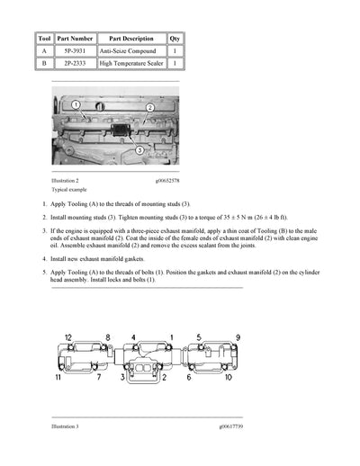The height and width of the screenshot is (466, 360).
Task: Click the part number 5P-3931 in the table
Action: coord(75,52)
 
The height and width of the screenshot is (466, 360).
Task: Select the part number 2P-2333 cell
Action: coord(75,65)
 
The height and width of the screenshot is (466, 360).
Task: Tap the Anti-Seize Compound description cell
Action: coord(131,52)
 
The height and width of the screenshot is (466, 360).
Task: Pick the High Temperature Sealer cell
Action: coord(131,65)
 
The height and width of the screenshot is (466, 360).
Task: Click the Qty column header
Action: coord(175,39)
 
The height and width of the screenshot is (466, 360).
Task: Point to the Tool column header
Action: coord(44,39)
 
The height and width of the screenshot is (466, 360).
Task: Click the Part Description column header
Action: coord(131,39)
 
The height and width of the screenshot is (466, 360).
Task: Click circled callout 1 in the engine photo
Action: coord(77,106)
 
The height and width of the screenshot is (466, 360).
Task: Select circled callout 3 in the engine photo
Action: coord(139,151)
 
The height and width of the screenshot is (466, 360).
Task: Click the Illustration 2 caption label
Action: coord(71,181)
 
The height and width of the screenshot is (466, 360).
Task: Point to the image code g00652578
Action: coord(171,181)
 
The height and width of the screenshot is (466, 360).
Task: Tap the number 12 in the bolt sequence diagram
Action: coord(67,338)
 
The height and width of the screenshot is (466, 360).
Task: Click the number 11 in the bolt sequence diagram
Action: coord(67,379)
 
